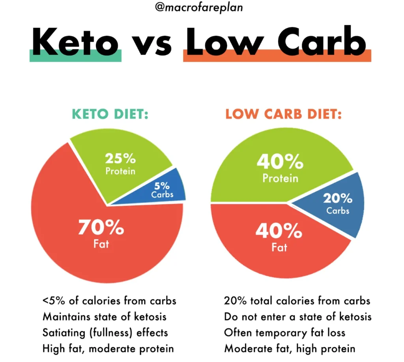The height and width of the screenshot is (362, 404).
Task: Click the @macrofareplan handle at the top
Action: click(202, 8)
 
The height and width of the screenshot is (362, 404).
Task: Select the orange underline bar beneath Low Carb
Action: click(277, 57)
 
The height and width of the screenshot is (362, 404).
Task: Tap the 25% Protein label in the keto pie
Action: click(120, 164)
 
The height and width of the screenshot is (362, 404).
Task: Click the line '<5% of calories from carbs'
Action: click(109, 301)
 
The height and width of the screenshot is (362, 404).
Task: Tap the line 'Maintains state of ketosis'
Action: click(105, 317)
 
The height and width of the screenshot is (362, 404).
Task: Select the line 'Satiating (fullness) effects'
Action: click(105, 332)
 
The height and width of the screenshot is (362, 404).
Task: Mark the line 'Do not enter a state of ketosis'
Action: click(297, 317)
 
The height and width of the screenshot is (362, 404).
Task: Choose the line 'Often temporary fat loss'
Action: click(284, 332)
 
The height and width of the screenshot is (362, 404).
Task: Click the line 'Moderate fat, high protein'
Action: click(290, 348)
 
